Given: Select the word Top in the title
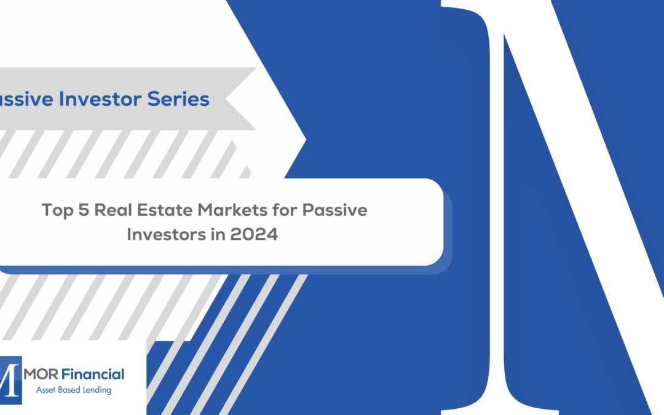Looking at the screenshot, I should coord(55,210).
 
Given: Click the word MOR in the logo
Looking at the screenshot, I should coord(39,374).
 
